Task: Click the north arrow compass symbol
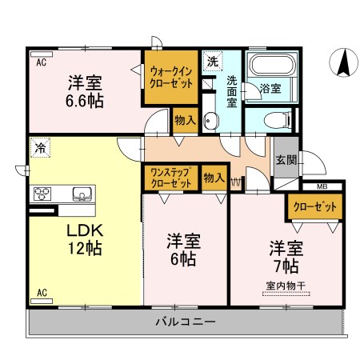pyautogui.click(x=343, y=63)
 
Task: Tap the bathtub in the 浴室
pyautogui.click(x=272, y=65)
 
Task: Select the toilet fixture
pyautogui.click(x=278, y=120)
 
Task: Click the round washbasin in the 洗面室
pyautogui.click(x=210, y=121)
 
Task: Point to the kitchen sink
pyautogui.click(x=82, y=194)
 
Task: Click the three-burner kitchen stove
pyautogui.click(x=42, y=194)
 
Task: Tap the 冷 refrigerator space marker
pyautogui.click(x=40, y=147)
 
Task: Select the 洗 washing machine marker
pyautogui.click(x=213, y=62)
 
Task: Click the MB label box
pyautogui.click(x=322, y=186)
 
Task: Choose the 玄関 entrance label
pyautogui.click(x=286, y=160)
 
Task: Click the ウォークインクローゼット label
pyautogui.click(x=171, y=78)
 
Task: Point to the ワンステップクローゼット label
pyautogui.click(x=171, y=178)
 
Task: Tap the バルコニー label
pyautogui.click(x=186, y=322)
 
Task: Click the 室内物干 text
pyautogui.click(x=286, y=286)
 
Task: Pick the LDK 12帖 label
pyautogui.click(x=85, y=239)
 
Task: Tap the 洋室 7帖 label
pyautogui.click(x=286, y=257)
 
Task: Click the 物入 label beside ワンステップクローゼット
pyautogui.click(x=214, y=178)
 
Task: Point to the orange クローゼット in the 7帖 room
pyautogui.click(x=315, y=206)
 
